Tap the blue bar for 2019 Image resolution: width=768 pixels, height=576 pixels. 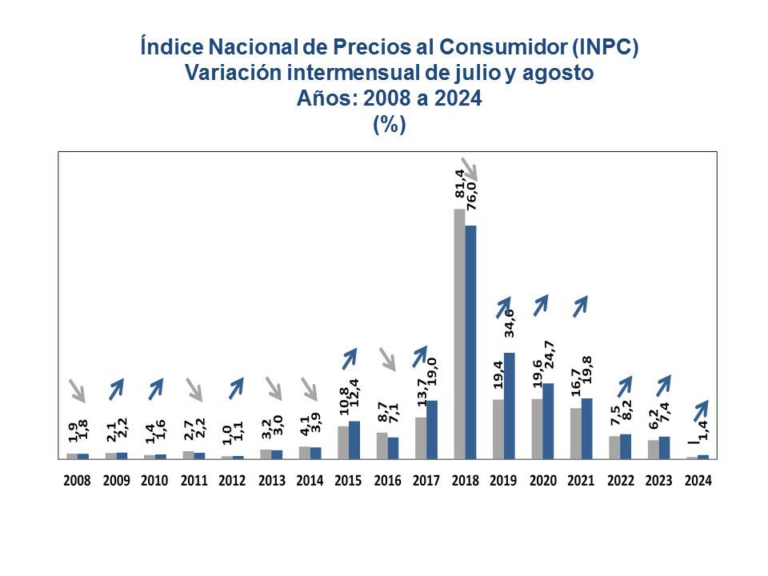[x=509, y=405]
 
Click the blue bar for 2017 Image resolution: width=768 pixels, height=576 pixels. [x=432, y=429]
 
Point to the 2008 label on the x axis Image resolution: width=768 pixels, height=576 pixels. [x=77, y=480]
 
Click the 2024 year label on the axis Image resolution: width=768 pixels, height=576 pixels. [x=698, y=480]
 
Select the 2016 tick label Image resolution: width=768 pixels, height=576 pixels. [x=387, y=480]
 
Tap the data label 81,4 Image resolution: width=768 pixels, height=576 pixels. [x=459, y=182]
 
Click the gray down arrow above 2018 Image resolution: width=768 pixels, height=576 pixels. [x=470, y=169]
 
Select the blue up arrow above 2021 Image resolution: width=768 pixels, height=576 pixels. [x=580, y=305]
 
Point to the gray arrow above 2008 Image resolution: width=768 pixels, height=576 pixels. [x=78, y=388]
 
